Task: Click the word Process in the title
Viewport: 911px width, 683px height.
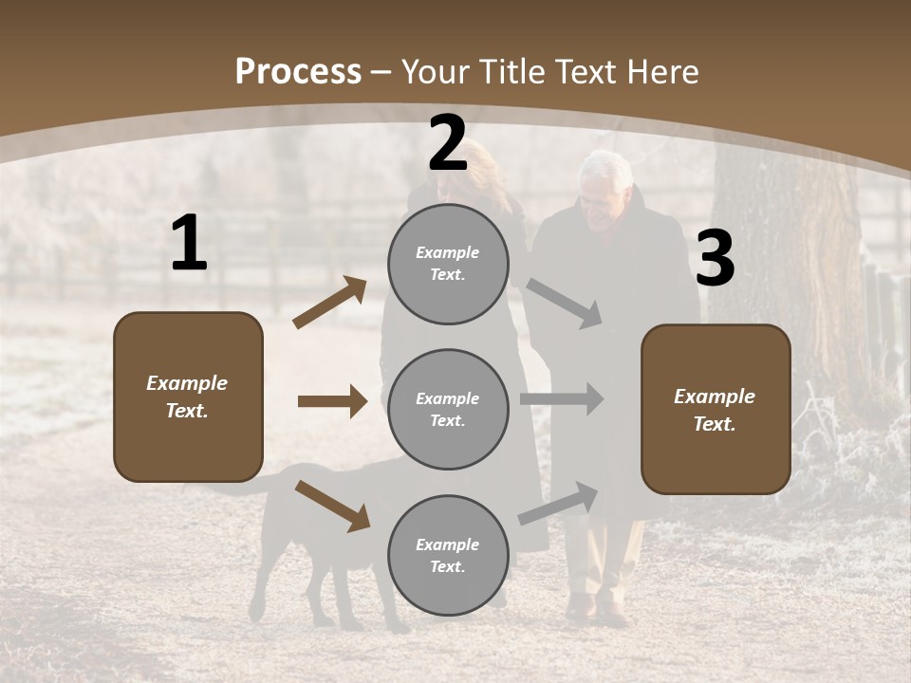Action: (298, 71)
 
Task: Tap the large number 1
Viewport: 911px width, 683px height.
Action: (189, 244)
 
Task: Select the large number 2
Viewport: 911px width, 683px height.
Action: (448, 143)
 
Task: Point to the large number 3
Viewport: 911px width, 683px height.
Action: (715, 259)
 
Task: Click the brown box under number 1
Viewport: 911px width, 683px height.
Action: (188, 397)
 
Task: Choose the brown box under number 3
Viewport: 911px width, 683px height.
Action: (716, 410)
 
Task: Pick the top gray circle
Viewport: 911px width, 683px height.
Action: (448, 264)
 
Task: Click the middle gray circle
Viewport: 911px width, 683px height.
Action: (448, 409)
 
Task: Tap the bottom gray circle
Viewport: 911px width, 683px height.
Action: (448, 555)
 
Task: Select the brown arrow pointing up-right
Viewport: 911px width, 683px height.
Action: (329, 303)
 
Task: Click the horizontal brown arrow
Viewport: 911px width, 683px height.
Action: (332, 401)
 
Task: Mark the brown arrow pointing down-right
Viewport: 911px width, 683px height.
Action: (332, 505)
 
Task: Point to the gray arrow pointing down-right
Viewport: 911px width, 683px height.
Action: (564, 303)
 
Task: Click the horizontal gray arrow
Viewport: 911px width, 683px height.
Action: (562, 399)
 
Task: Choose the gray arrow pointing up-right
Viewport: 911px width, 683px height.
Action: (558, 503)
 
